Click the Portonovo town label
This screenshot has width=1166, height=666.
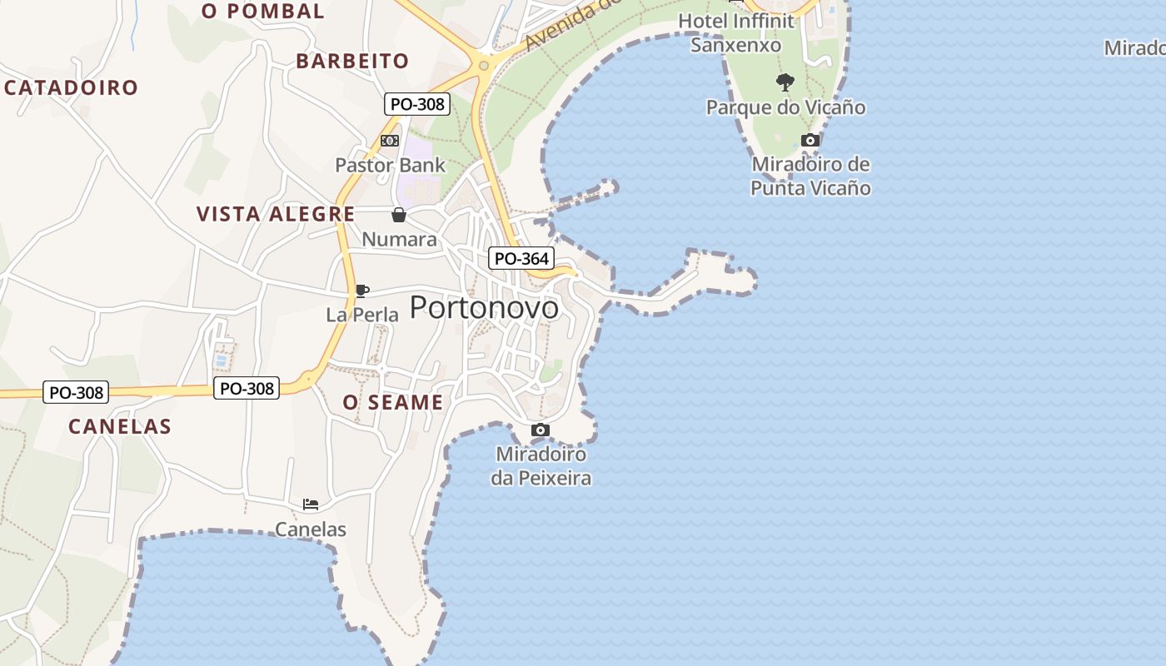[484, 308]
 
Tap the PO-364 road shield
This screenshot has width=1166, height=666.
[521, 258]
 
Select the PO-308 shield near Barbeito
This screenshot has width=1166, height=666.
[417, 104]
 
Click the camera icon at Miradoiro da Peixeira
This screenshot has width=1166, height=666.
[541, 430]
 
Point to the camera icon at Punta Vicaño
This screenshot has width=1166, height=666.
[810, 140]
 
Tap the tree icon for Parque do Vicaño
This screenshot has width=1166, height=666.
[785, 82]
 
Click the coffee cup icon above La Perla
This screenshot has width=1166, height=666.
[362, 291]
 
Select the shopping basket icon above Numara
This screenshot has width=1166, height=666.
[399, 215]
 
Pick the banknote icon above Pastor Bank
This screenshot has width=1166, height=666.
[389, 141]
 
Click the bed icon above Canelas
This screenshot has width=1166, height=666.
[311, 504]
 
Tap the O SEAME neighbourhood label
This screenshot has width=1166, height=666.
[393, 403]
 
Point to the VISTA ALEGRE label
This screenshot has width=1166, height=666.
[276, 214]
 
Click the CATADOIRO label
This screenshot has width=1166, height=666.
[72, 87]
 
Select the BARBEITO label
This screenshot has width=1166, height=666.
[352, 61]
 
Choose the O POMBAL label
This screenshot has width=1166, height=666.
[263, 11]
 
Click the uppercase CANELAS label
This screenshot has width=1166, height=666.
[120, 426]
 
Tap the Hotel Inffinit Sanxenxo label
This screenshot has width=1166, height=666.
[736, 32]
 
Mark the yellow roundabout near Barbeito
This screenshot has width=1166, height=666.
[483, 65]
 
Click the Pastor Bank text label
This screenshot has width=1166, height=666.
[390, 165]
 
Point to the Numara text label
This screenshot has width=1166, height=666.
[399, 240]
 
